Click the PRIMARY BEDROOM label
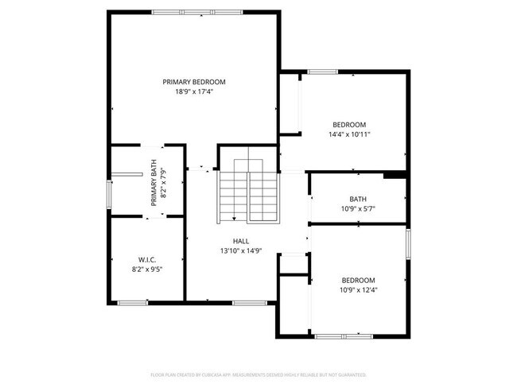point(194,82)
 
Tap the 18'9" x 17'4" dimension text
point(194,92)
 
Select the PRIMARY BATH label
point(154,184)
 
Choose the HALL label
point(241,241)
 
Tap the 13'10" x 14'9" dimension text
point(241,251)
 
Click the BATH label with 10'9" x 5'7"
point(358,200)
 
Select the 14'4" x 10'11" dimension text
point(349,134)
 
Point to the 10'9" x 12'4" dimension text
point(358,290)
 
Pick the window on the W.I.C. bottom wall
point(132,302)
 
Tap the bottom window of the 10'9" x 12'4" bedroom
point(344,336)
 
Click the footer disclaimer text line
point(258,374)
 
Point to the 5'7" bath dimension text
point(358,210)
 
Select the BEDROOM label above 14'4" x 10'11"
point(349,124)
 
